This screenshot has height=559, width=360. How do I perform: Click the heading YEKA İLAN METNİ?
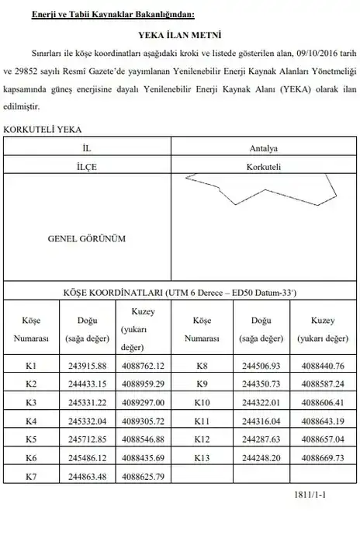pyautogui.click(x=180, y=36)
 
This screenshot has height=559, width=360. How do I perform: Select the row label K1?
pyautogui.click(x=31, y=365)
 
